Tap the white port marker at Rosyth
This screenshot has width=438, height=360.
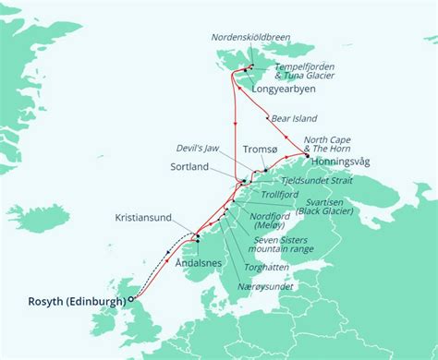tap(131, 298)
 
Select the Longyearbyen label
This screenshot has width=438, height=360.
tap(282, 90)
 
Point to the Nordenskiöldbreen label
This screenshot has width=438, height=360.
tap(249, 38)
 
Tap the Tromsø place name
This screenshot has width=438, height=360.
tap(260, 150)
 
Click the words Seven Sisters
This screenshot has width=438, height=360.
tap(292, 237)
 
